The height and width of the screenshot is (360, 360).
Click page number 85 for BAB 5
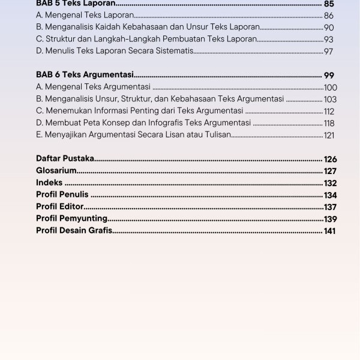click(x=329, y=4)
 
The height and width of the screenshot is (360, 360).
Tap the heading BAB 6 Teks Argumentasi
click(x=84, y=75)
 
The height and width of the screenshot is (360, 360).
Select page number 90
click(x=329, y=28)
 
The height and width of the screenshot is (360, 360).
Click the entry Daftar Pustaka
click(x=65, y=159)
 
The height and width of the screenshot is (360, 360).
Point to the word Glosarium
click(x=56, y=171)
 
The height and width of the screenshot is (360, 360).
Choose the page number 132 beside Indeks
click(x=330, y=183)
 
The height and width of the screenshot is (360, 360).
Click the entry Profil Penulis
click(x=62, y=195)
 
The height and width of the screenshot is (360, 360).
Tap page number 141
click(x=330, y=231)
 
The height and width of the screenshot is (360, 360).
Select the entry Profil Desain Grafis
click(x=74, y=231)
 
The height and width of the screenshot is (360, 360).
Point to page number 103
click(x=330, y=100)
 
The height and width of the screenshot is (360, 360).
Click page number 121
click(x=329, y=136)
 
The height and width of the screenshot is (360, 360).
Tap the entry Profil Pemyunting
click(x=72, y=219)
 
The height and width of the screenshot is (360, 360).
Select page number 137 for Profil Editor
click(x=330, y=207)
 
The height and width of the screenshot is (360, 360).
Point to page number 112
click(x=329, y=112)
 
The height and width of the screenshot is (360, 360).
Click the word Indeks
click(x=49, y=183)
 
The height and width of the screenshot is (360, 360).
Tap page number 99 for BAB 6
click(x=329, y=75)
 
